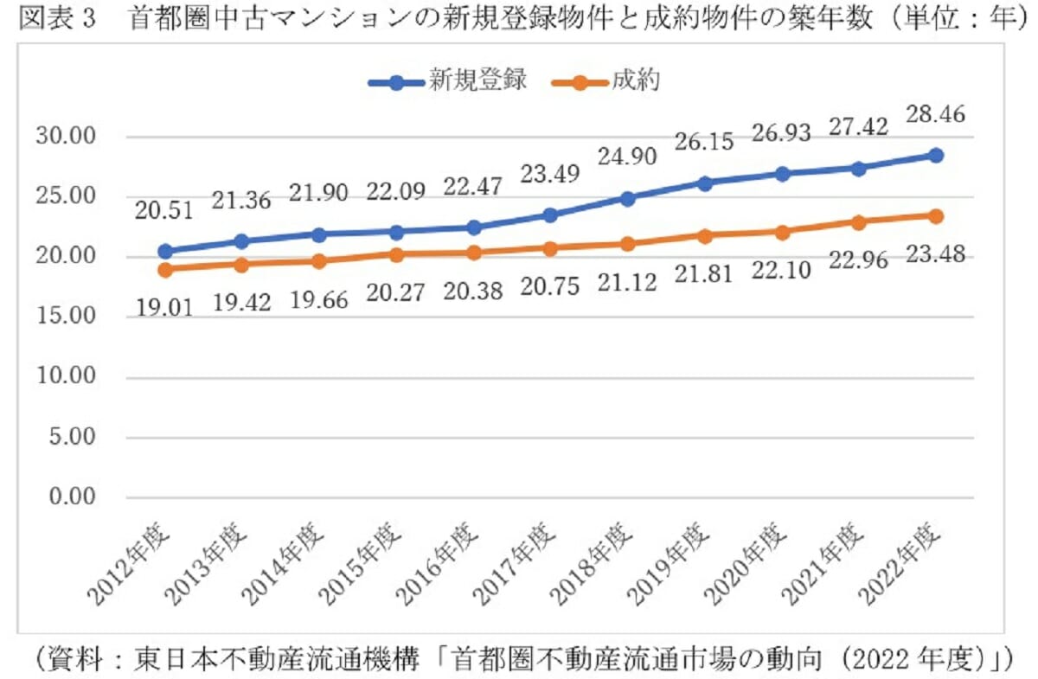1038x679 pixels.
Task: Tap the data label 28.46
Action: (x=935, y=115)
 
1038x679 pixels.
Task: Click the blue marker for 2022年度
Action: (x=935, y=156)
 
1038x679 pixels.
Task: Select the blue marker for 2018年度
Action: (x=627, y=198)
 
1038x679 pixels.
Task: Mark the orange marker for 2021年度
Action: (x=858, y=222)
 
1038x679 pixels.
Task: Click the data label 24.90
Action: (x=627, y=157)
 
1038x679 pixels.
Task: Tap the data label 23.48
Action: (x=935, y=256)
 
